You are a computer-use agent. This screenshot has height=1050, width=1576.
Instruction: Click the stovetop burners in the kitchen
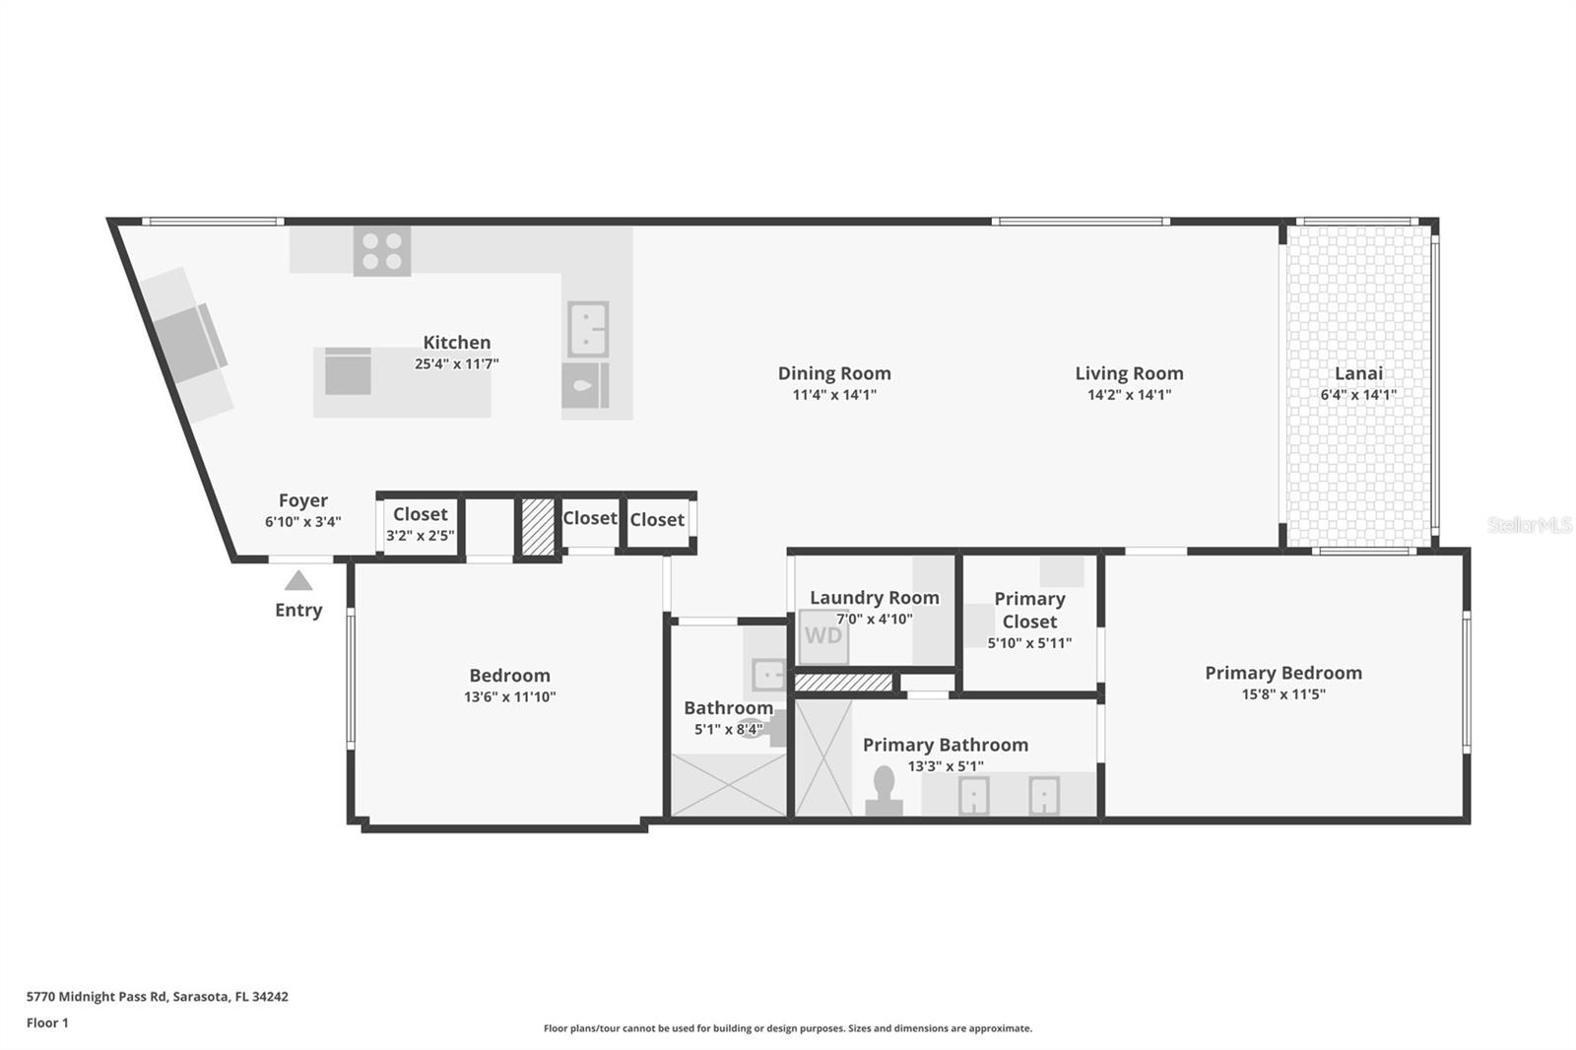(x=382, y=250)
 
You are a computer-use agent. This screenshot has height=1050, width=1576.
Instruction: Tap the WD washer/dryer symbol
(x=822, y=635)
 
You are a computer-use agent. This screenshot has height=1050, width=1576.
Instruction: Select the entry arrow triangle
(x=298, y=581)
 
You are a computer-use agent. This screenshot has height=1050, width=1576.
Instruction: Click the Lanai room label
(x=1358, y=373)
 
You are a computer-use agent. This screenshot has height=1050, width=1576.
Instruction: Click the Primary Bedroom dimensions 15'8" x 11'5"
(x=1282, y=694)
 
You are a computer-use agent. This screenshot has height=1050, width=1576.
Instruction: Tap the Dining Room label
(x=834, y=373)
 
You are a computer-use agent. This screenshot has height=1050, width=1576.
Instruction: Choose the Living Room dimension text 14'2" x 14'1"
(x=1129, y=395)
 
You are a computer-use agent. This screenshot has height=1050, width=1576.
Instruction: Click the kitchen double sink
(x=588, y=329)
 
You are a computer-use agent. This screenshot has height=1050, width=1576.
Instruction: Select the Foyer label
(x=303, y=500)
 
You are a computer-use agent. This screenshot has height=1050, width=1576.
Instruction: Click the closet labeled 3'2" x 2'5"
(x=421, y=525)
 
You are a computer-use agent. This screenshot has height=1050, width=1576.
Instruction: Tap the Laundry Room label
(x=874, y=597)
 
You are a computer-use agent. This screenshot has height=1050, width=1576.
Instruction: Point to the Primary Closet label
(x=1029, y=610)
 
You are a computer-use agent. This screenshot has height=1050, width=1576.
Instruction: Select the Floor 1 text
(x=47, y=1022)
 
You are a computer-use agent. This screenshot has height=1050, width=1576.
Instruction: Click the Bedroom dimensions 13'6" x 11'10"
(x=509, y=697)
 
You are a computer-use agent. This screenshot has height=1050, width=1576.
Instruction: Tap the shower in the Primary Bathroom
(x=822, y=756)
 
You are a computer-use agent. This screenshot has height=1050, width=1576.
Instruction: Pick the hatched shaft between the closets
(x=538, y=527)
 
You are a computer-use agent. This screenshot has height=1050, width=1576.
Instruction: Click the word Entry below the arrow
(x=298, y=610)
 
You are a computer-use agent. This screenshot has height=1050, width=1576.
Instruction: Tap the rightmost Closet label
(x=657, y=519)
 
